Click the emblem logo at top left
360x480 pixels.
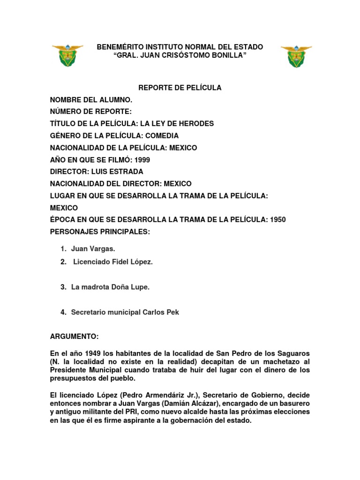click(x=67, y=56)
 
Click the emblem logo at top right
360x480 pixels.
click(x=296, y=56)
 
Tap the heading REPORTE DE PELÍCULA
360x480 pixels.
click(x=179, y=88)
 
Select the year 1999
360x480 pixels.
click(x=142, y=160)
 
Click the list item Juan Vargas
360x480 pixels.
click(x=93, y=249)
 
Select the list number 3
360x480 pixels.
click(x=63, y=287)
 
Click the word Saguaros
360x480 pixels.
click(x=294, y=352)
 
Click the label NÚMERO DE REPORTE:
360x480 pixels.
click(x=91, y=112)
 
